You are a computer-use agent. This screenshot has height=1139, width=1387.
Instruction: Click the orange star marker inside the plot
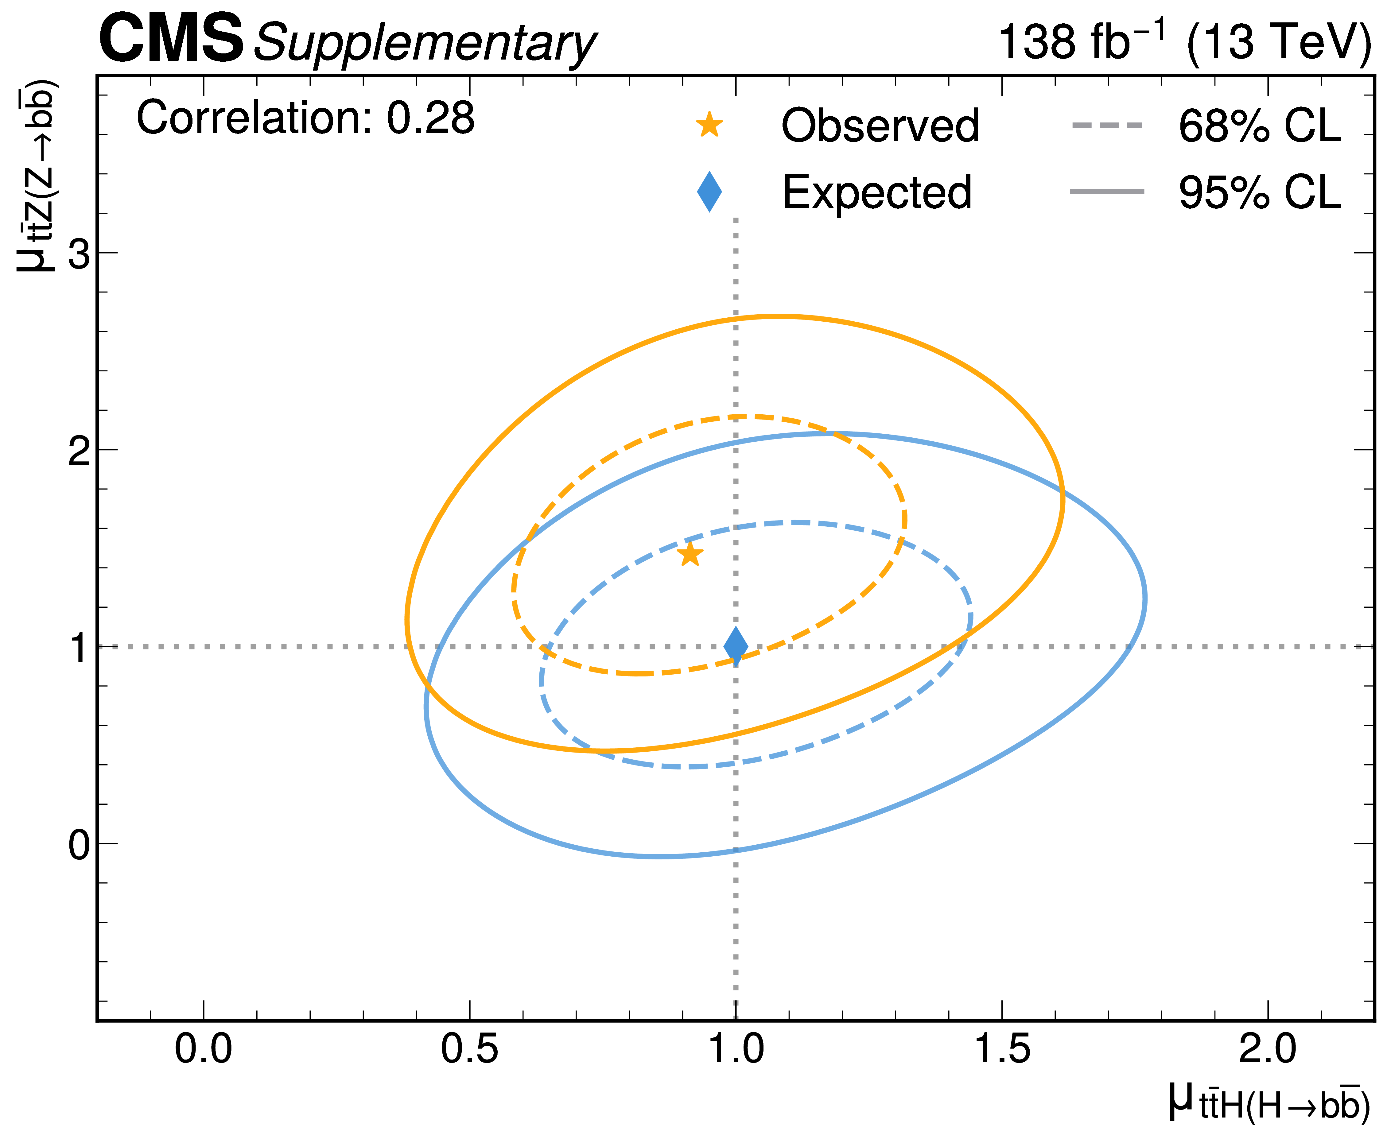point(690,554)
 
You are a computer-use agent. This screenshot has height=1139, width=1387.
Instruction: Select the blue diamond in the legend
point(709,192)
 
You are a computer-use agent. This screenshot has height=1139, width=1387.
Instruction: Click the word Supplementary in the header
point(425,43)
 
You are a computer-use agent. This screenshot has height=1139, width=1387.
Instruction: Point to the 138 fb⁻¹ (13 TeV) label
point(1184,42)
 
